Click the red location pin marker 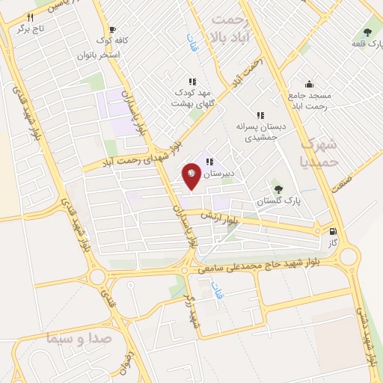click(191, 175)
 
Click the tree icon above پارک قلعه click(367, 32)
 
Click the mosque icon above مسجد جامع click(309, 84)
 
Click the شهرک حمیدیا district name click(319, 152)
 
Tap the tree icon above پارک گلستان click(278, 189)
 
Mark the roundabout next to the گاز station click(349, 258)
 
